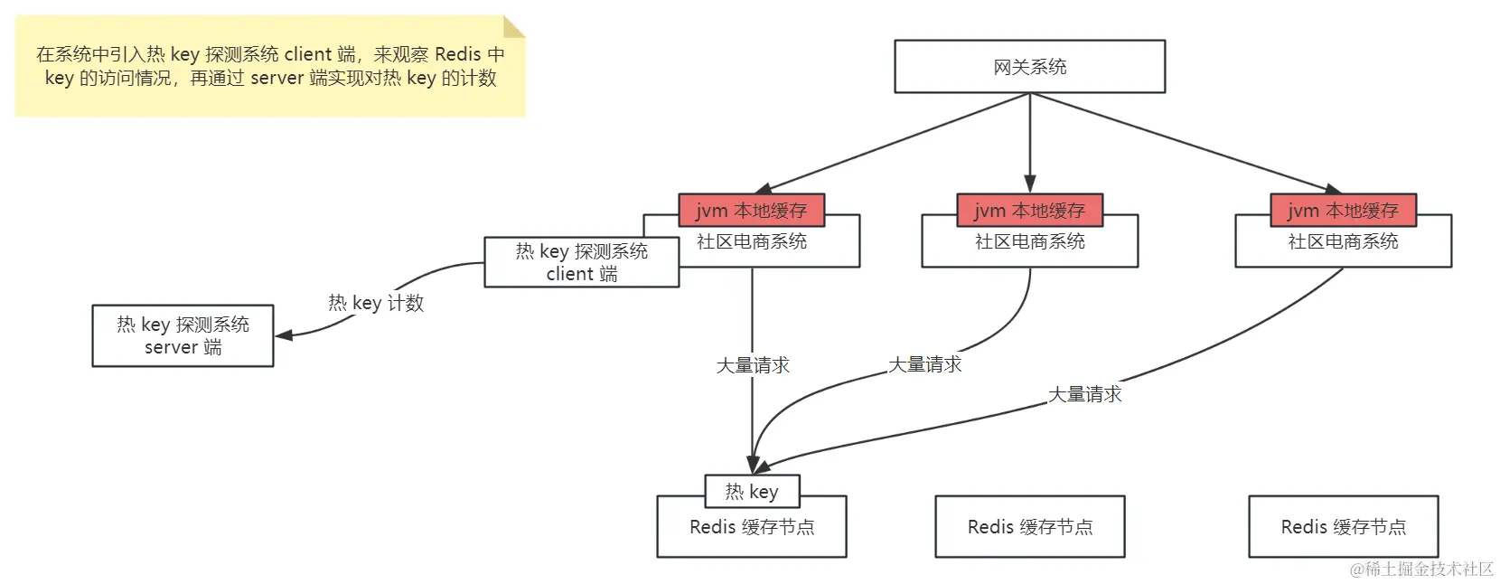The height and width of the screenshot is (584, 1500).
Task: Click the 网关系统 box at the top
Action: click(1029, 66)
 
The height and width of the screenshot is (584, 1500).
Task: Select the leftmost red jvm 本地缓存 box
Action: click(751, 211)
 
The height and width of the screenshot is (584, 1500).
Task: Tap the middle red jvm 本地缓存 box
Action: click(1029, 211)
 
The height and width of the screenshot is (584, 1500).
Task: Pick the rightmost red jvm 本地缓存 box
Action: click(1343, 211)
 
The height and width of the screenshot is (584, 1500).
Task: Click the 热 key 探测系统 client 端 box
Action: click(581, 262)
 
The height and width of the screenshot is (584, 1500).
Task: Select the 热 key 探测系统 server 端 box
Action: click(183, 335)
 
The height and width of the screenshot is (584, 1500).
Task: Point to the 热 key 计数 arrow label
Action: click(376, 303)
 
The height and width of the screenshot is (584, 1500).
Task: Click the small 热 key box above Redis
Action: click(752, 491)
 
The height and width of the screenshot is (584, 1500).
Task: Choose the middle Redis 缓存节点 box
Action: click(1029, 526)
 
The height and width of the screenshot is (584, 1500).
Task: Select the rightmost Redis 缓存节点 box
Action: click(1343, 526)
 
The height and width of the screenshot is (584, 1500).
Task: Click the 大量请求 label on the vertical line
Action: click(753, 365)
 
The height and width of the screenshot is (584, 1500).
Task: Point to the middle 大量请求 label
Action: click(924, 364)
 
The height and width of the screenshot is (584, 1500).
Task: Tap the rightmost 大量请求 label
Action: click(1084, 394)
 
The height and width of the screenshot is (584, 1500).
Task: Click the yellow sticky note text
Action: click(269, 66)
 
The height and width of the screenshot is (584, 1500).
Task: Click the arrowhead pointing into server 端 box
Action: click(283, 335)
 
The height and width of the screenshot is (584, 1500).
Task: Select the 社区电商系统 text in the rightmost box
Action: click(1343, 241)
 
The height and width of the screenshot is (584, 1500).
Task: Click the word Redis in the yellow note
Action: click(458, 54)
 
